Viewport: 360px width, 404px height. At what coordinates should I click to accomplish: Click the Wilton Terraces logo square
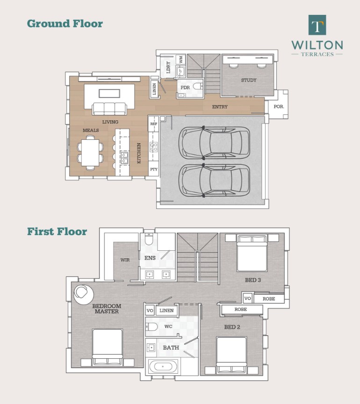(317, 25)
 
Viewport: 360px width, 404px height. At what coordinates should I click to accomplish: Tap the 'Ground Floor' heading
(65, 23)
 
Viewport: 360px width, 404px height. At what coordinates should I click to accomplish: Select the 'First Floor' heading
(57, 231)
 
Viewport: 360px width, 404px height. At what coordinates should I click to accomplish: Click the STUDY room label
(249, 80)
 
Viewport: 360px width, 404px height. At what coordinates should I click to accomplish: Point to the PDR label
(185, 88)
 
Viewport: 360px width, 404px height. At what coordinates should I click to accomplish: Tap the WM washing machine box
(181, 59)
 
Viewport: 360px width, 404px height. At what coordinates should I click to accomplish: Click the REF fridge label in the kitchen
(154, 124)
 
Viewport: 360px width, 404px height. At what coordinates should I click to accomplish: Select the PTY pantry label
(154, 169)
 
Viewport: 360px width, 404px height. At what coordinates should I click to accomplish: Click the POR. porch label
(279, 106)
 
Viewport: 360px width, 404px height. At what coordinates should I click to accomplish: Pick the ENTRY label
(220, 106)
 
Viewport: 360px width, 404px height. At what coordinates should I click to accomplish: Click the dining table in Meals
(90, 153)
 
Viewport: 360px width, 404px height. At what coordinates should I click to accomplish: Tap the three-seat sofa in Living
(109, 108)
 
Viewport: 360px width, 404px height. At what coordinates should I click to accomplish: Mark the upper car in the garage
(214, 143)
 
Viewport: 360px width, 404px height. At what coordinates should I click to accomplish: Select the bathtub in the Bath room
(163, 366)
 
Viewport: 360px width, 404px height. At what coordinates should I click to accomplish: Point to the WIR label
(125, 260)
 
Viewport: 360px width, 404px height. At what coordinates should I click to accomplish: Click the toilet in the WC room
(151, 327)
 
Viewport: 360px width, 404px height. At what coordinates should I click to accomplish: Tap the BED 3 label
(253, 280)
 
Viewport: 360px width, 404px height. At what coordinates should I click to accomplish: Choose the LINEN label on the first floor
(166, 311)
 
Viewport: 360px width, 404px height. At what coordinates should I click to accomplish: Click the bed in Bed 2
(231, 355)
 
